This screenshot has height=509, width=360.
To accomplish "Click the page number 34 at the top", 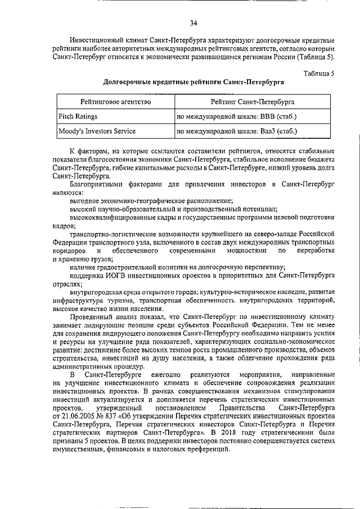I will pyautogui.click(x=193, y=23).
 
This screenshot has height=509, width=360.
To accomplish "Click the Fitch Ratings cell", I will pyautogui.click(x=78, y=116).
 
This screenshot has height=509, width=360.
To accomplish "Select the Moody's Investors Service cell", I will pyautogui.click(x=97, y=132).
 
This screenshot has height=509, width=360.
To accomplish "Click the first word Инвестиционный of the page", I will pyautogui.click(x=98, y=41).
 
